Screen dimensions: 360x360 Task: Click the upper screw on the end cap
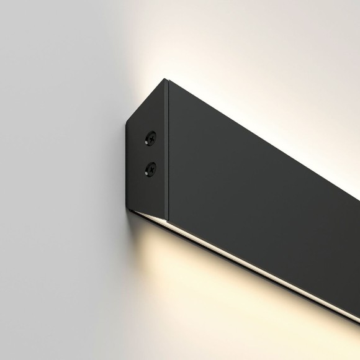150,138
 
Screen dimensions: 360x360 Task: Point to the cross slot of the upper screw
150,138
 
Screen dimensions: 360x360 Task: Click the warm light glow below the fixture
186,292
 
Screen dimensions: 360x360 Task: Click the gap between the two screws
150,152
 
